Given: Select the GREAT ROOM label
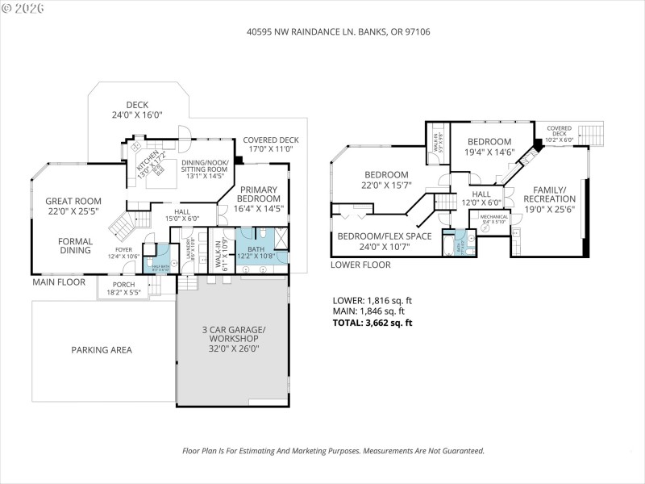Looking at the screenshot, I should click(x=73, y=207).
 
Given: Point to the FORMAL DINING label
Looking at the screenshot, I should click(x=75, y=245).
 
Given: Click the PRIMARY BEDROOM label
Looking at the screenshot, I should click(x=258, y=198).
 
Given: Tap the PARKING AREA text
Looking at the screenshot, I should click(x=102, y=350).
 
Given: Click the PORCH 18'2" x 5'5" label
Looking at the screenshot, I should click(x=123, y=288).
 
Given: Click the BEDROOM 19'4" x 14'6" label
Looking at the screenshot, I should click(x=489, y=146).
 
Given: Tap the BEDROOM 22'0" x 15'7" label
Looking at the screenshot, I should click(x=386, y=180).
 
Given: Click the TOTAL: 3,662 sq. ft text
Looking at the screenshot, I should click(x=372, y=323).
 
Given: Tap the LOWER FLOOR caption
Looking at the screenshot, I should click(x=360, y=265).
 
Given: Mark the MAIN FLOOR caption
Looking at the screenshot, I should click(x=59, y=282).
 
